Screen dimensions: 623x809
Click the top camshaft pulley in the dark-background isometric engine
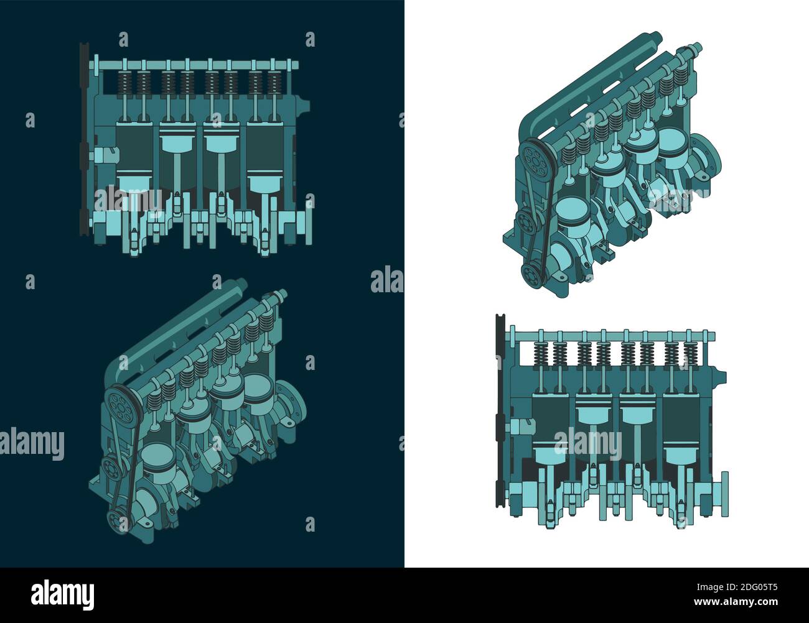tap(120, 407)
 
